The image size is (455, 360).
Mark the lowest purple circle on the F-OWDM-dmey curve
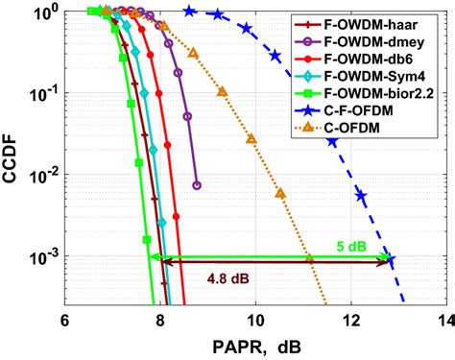[x=197, y=185]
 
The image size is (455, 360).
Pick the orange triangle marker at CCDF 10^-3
[x=309, y=258]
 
